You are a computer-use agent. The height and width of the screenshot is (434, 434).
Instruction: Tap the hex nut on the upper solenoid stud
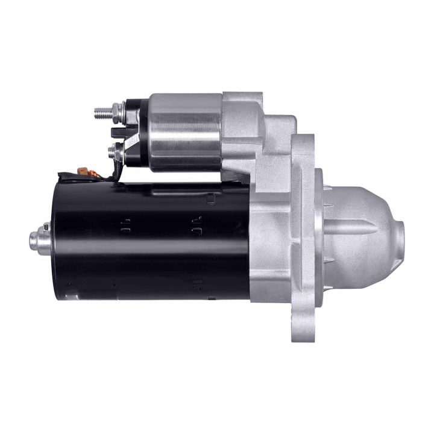click(115, 112)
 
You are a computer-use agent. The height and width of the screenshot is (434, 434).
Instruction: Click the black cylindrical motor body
click(151, 241)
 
